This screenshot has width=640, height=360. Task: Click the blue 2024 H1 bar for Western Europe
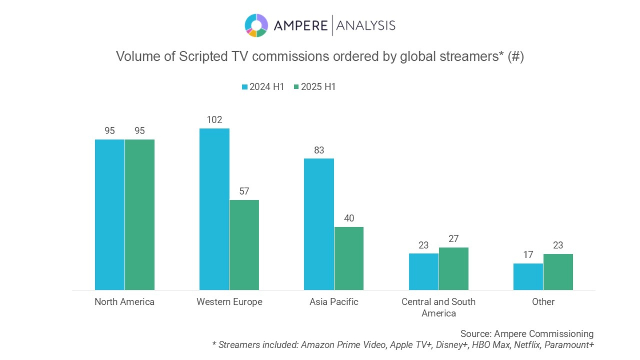point(214,209)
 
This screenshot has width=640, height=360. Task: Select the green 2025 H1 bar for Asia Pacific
point(349,258)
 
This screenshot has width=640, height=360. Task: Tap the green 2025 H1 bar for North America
point(140,215)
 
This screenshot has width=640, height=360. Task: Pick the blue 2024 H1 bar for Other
point(528,276)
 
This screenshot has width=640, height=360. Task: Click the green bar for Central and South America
point(453,268)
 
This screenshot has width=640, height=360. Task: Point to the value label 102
point(214,120)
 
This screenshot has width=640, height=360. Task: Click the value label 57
point(244,192)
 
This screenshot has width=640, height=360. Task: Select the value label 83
point(319,150)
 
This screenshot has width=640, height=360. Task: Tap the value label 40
point(349,219)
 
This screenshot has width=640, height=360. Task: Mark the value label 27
point(453,239)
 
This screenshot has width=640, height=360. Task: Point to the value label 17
point(528,255)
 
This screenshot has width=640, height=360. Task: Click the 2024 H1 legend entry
point(263,87)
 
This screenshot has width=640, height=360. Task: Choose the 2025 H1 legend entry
point(314,87)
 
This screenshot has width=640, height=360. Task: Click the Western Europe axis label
point(229,302)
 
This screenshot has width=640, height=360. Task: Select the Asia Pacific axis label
point(334,302)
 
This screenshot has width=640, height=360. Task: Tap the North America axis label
point(124,302)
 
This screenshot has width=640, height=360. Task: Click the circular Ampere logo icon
point(256,25)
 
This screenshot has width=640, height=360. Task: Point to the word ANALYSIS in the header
point(366,26)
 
